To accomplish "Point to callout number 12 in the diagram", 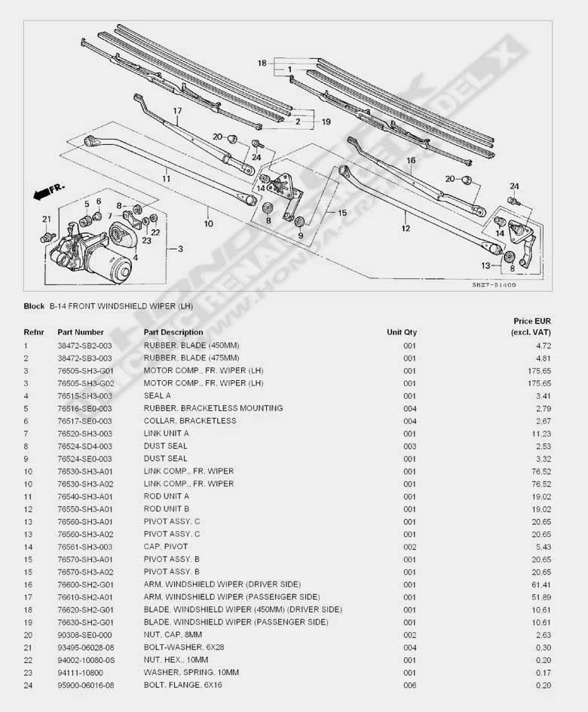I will coord(405,228).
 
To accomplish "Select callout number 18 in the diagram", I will coord(262,63).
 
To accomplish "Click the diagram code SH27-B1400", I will coord(494,285).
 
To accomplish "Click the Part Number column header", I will coord(81,332).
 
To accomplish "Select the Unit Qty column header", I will coord(402,332).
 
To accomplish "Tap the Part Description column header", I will coord(173,332).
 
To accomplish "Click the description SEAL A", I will coord(158,396).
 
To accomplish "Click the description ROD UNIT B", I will coord(167,509).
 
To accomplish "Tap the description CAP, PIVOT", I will coord(166,547).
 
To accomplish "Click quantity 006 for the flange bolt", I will coord(409,685).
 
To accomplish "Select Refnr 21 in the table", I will coord(28,647).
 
